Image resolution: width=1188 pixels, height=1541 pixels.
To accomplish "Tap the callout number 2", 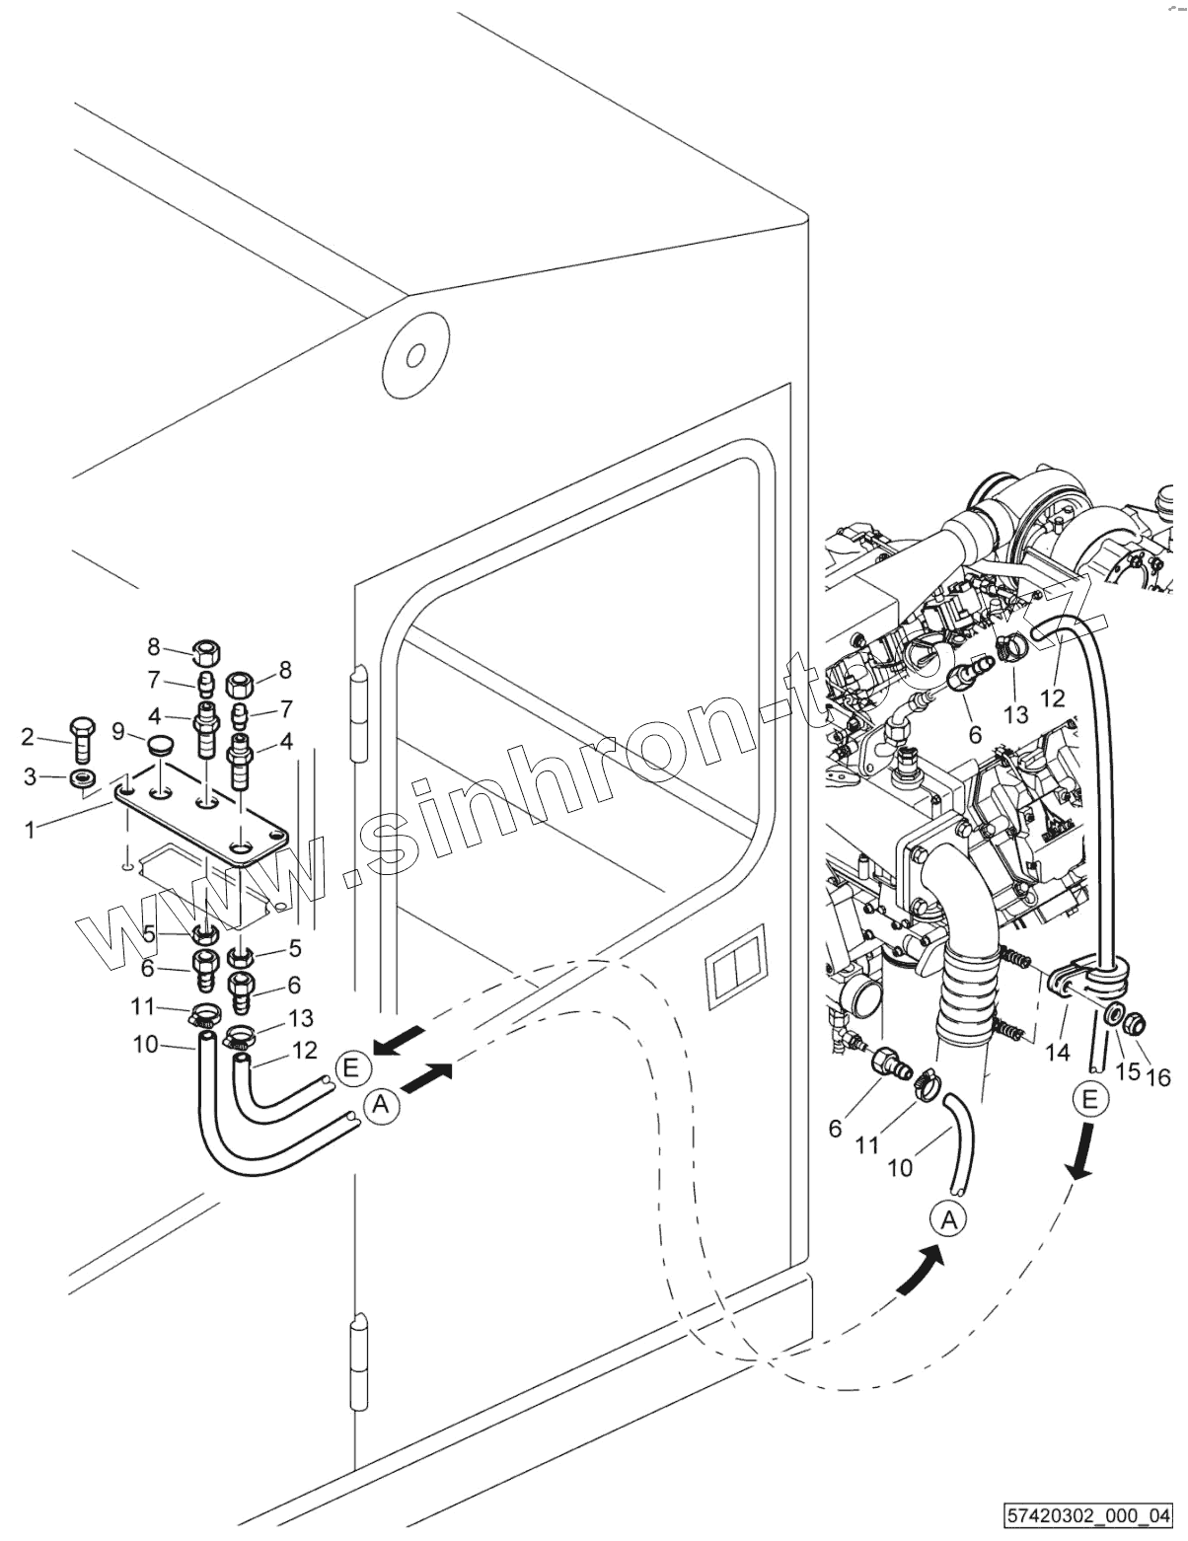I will [x=29, y=736].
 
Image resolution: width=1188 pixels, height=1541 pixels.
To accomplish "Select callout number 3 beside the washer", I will [x=31, y=777].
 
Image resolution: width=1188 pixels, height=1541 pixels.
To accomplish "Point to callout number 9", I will [x=118, y=732].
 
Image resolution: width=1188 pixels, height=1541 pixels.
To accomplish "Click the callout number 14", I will [x=1058, y=1053].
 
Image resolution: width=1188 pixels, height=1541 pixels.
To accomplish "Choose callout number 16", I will [x=1158, y=1077].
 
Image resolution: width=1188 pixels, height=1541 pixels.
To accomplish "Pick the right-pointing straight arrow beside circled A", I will [x=429, y=1079].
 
